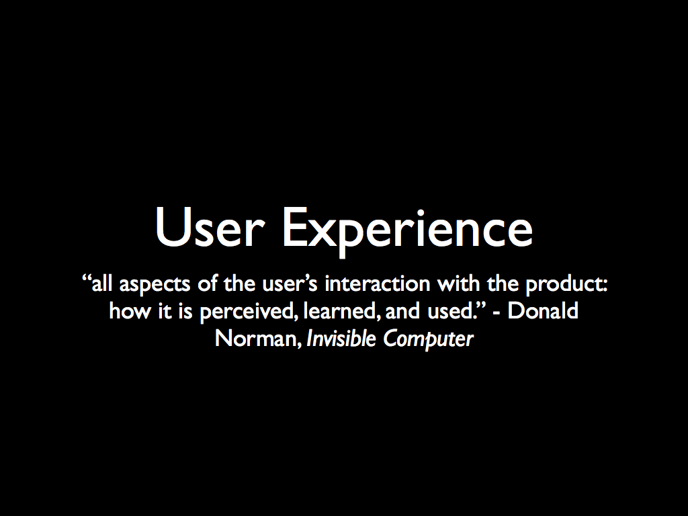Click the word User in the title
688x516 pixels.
click(x=210, y=227)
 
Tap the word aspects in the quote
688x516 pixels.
click(x=155, y=284)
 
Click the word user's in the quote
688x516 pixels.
click(x=290, y=284)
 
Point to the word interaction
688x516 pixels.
click(x=378, y=284)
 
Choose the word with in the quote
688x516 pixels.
click(x=458, y=284)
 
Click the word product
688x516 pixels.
click(x=566, y=284)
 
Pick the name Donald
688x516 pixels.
click(x=543, y=310)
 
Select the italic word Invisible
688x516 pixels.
click(x=341, y=339)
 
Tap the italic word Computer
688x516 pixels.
click(x=428, y=339)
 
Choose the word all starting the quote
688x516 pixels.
click(x=102, y=284)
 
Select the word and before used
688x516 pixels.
click(x=402, y=310)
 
